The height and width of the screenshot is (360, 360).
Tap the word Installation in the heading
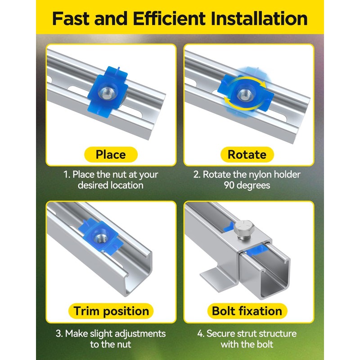pos(259,18)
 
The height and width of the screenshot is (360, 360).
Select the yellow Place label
pos(111,154)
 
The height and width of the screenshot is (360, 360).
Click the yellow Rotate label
pos(247,154)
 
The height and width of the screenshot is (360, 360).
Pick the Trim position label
pos(111,311)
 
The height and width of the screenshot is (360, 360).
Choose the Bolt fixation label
pos(247,311)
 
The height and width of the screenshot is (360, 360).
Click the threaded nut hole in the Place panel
pos(107,93)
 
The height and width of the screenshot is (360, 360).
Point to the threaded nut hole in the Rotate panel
pos(245,94)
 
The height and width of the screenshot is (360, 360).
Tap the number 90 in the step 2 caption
pos(229,185)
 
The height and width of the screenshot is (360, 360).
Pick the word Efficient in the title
pos(169,18)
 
